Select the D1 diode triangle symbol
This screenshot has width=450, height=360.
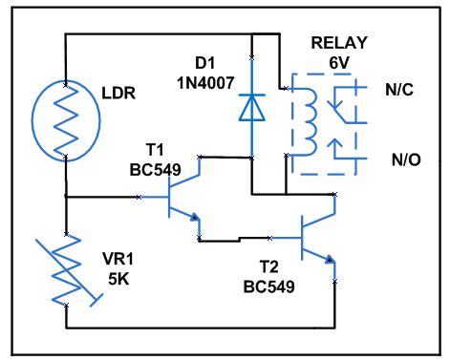[251, 108]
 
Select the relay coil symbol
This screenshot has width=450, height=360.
[309, 118]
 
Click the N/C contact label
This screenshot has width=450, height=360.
[402, 91]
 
